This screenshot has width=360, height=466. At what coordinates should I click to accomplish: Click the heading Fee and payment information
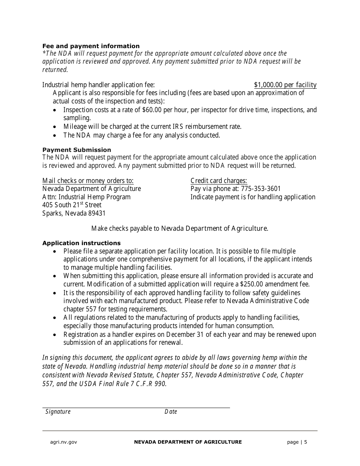[x=91, y=46]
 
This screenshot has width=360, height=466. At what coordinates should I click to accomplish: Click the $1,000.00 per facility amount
[x=285, y=85]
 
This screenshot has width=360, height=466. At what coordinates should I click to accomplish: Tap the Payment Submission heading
[x=77, y=150]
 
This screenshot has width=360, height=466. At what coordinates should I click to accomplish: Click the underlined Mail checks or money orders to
[x=88, y=180]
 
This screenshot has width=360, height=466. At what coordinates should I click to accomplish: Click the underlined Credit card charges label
[x=219, y=180]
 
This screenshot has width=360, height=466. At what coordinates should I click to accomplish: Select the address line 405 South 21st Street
[x=72, y=205]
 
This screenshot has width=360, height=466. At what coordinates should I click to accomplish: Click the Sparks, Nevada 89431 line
[x=74, y=213]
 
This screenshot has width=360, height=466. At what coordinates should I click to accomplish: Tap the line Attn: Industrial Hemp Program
[x=86, y=197]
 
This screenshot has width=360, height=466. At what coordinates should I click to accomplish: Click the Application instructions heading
[x=81, y=243]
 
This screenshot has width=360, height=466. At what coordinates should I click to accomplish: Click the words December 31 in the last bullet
[x=185, y=335]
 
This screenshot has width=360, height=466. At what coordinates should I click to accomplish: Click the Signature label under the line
[x=58, y=412]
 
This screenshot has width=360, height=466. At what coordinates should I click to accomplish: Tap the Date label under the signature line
[x=171, y=412]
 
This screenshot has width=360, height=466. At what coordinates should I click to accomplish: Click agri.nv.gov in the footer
[x=64, y=442]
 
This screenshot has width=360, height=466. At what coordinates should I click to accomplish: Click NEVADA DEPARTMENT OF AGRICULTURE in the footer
[x=188, y=442]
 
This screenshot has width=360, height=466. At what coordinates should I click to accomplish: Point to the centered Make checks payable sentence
[x=180, y=228]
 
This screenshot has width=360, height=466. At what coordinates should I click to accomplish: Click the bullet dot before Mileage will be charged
[x=56, y=127]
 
